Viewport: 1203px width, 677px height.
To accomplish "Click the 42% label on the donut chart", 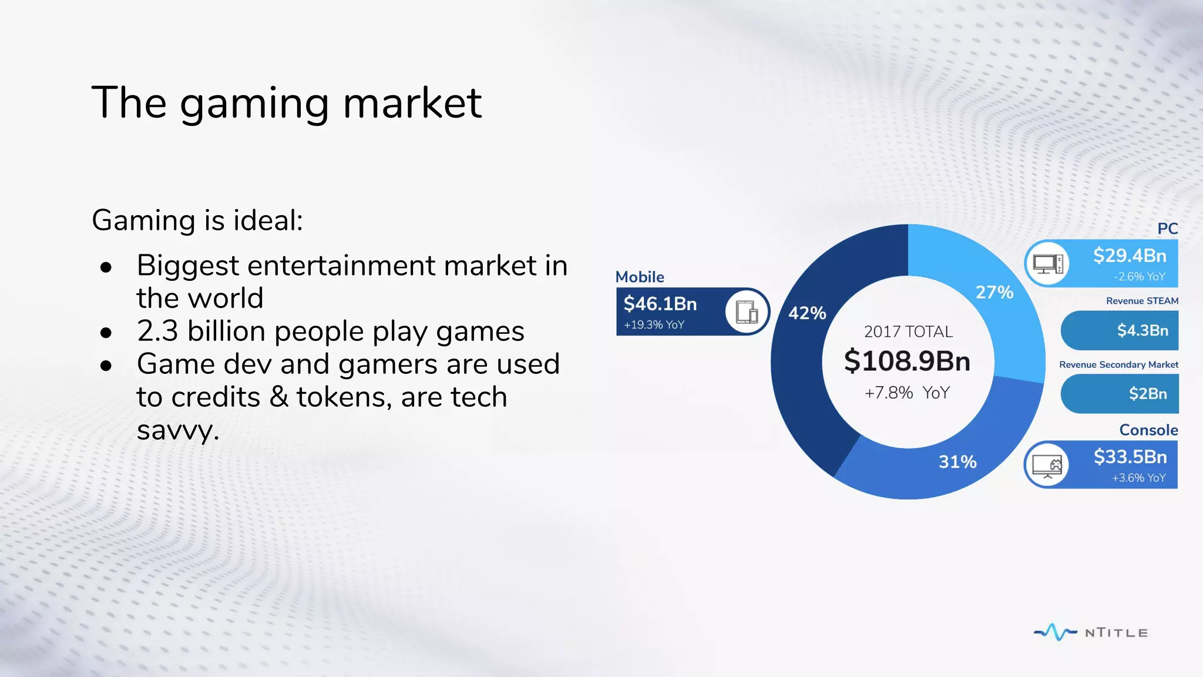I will coord(807,313).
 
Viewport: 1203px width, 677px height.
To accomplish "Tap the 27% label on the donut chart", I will coord(994,292).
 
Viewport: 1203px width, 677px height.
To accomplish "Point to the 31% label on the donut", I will coord(957,462).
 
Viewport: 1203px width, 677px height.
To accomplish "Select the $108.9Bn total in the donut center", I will coord(907,361).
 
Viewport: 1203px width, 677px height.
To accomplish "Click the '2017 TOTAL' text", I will coord(908,332).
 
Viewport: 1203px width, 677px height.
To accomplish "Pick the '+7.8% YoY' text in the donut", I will coord(907,393).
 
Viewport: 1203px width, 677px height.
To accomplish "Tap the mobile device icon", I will coord(747,311).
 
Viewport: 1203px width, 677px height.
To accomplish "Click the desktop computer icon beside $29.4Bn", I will coord(1048,264).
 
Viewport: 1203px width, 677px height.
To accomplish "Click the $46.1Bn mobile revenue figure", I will coord(660,304).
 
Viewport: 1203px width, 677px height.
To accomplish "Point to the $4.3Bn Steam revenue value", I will coord(1142,330).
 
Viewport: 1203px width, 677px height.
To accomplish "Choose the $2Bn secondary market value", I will coord(1148,394).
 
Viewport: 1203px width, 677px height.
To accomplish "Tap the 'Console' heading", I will coord(1148,430).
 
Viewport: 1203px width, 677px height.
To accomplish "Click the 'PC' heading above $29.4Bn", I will coord(1167,229).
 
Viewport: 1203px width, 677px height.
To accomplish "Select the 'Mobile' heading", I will coord(640,277).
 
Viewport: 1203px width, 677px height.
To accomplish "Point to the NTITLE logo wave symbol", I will coord(1055,632).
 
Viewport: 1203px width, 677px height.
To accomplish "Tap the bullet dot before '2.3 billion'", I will coord(106,333).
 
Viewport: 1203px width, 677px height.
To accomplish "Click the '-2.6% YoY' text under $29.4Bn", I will coord(1139,277).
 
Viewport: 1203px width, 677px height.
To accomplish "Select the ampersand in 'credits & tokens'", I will coord(279,397).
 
